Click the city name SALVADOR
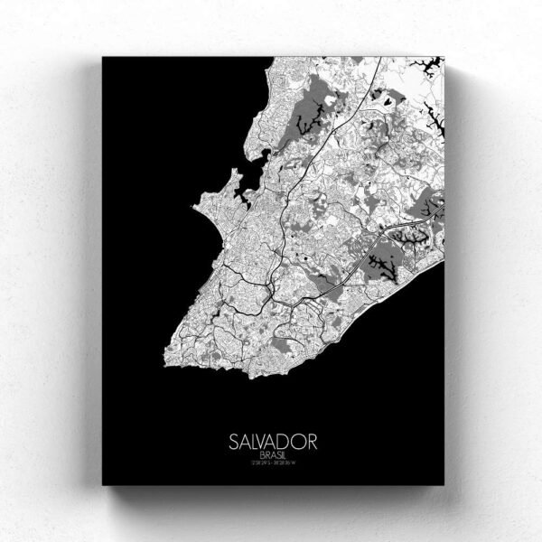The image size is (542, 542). click(x=272, y=444)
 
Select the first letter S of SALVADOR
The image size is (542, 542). click(x=232, y=444)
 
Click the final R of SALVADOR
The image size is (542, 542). click(x=312, y=444)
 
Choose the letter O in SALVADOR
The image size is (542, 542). click(x=299, y=444)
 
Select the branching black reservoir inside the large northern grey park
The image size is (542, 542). click(x=313, y=113)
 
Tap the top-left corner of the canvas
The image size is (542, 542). click(x=102, y=57)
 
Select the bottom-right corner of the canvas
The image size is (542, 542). click(x=444, y=485)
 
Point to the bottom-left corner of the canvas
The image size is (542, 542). click(x=102, y=485)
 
